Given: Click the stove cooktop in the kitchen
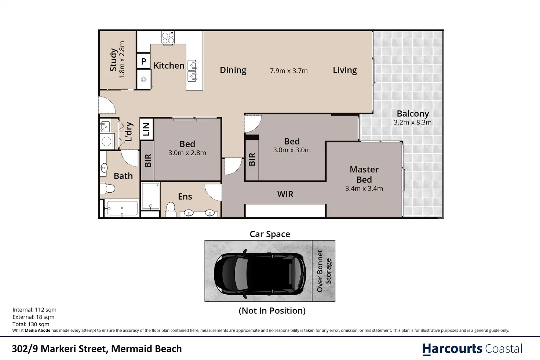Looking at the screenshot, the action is point(168,38).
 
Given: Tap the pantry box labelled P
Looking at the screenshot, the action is point(144,61).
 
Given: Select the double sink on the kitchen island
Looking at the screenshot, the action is point(192,71).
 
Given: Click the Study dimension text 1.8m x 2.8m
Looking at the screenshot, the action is point(122,59).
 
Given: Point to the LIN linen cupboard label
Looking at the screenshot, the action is point(146,129).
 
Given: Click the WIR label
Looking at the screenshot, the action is point(285,194).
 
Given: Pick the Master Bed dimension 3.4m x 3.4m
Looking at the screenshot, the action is point(364,189).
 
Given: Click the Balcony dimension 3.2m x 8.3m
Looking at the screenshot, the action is point(413,123).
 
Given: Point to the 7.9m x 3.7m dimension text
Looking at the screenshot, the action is point(289,71).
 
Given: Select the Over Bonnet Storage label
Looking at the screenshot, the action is point(324,271).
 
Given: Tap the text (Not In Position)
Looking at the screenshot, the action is point(272,310).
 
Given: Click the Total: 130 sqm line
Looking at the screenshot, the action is point(31,324).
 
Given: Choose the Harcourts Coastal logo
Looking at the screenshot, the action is point(472,349).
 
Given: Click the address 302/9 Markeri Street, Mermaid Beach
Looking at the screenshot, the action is point(97,349).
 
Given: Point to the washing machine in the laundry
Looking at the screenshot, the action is point(106,142).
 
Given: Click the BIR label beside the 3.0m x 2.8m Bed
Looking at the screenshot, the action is point(148,161).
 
